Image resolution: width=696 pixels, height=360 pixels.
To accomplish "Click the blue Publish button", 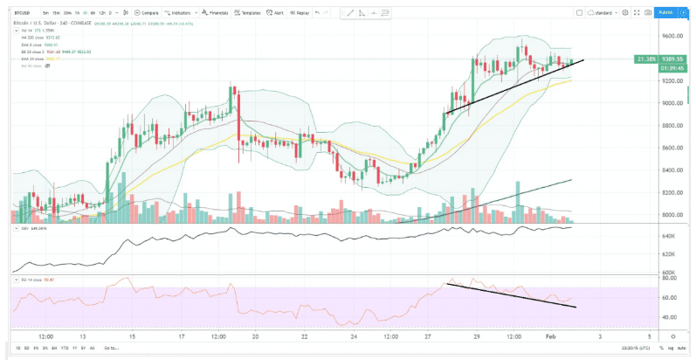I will coord(666,12).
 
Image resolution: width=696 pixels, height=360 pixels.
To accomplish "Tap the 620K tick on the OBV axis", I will coord(669,254).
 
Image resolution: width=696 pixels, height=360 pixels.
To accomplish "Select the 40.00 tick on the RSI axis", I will coord(669,319).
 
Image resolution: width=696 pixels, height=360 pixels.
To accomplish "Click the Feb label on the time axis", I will coord(551,335).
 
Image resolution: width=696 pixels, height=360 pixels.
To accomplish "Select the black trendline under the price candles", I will coord(515,87).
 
